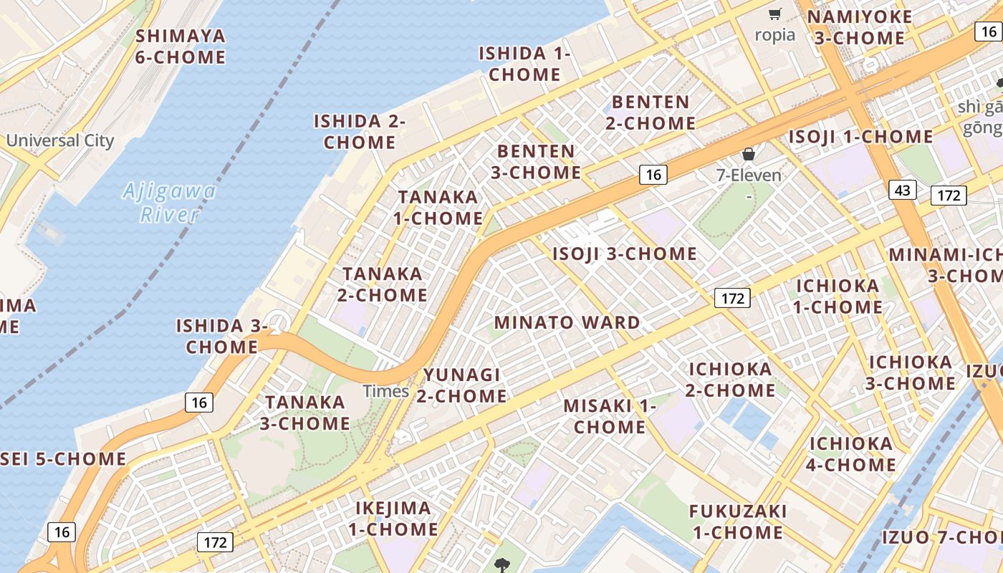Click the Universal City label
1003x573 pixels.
point(60,140)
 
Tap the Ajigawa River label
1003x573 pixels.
point(169,203)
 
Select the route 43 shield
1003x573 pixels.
point(903,190)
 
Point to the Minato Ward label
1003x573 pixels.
point(567,322)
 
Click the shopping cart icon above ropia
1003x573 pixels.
point(774,14)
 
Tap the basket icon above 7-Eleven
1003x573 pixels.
point(749,154)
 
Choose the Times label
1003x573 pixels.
point(385,391)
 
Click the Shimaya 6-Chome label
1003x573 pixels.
point(180,47)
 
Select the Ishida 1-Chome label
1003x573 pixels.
point(524,64)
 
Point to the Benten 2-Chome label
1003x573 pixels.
point(651,112)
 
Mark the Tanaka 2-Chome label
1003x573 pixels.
point(383,284)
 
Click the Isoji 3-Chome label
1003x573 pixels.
point(624,254)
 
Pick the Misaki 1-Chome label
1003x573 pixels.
point(610,416)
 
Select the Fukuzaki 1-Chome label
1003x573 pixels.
point(738,522)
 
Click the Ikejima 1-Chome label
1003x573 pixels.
point(393,519)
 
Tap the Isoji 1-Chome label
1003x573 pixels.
point(860,137)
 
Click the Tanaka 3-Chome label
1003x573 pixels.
point(305,413)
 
